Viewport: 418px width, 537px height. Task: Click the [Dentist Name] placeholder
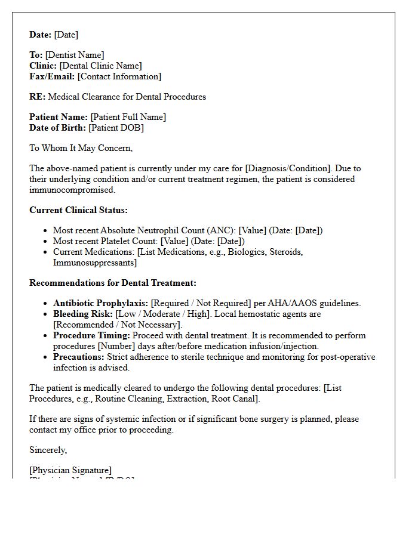click(x=75, y=55)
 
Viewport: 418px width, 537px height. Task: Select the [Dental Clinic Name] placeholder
click(x=100, y=66)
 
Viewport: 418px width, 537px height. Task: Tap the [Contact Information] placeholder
click(x=119, y=76)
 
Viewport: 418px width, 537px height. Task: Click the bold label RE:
click(x=37, y=97)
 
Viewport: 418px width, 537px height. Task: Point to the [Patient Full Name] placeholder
click(x=128, y=117)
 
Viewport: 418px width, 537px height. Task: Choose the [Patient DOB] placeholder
click(x=116, y=128)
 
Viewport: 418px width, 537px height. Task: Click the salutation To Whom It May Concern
click(x=81, y=148)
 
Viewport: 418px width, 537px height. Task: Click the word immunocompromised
click(x=72, y=190)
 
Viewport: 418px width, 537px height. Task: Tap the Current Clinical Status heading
click(x=78, y=210)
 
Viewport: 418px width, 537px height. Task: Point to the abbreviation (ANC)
click(x=220, y=230)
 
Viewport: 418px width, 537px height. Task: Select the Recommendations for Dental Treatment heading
click(x=113, y=283)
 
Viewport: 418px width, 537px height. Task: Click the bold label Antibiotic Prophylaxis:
click(x=100, y=303)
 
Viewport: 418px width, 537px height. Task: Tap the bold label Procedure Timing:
click(x=91, y=335)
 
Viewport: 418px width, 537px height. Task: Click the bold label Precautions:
click(x=79, y=357)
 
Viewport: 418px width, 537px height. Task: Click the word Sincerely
click(x=48, y=450)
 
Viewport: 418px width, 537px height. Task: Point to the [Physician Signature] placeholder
click(x=70, y=470)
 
